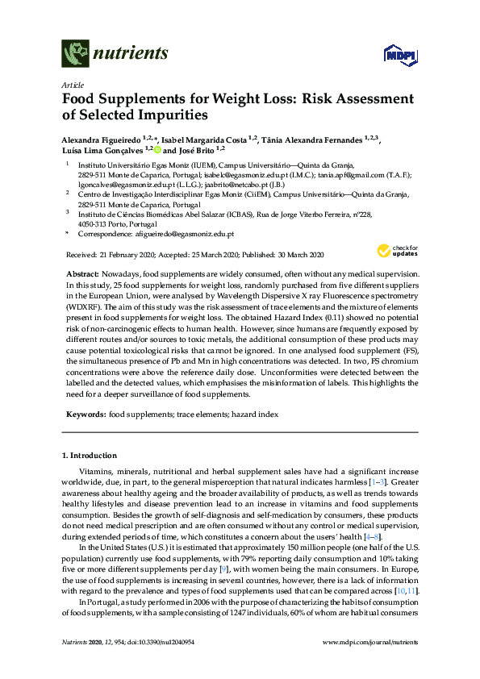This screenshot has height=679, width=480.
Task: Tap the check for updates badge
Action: pos(398,251)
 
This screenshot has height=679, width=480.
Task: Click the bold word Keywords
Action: pos(86,413)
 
